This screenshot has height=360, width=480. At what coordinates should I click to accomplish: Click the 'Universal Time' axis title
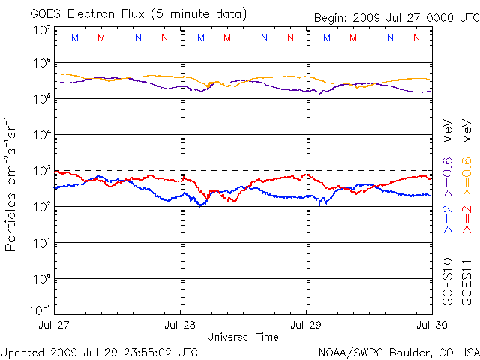(243, 337)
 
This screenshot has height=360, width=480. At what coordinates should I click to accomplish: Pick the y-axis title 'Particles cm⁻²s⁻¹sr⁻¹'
(13, 183)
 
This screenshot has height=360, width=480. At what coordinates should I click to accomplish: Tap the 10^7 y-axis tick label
(41, 30)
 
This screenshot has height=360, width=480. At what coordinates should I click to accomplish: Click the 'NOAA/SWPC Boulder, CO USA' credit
(398, 352)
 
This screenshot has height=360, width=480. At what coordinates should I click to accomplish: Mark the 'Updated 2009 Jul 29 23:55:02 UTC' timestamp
(100, 352)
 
